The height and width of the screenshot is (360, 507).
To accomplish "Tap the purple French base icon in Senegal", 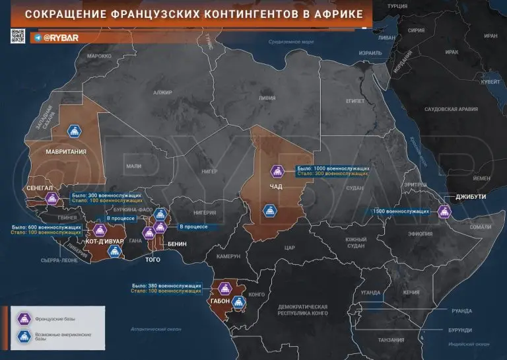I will tap(51, 199).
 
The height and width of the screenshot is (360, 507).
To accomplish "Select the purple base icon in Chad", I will tap(278, 172).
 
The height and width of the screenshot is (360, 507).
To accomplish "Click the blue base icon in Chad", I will tap(269, 211).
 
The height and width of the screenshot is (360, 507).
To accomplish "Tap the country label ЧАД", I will tap(277, 186).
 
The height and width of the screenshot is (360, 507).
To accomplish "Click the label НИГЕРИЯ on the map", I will tap(204, 213).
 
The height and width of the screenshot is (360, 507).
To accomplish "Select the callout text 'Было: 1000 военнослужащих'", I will tap(333, 168).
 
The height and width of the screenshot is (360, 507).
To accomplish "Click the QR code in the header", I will tap(18, 37).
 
